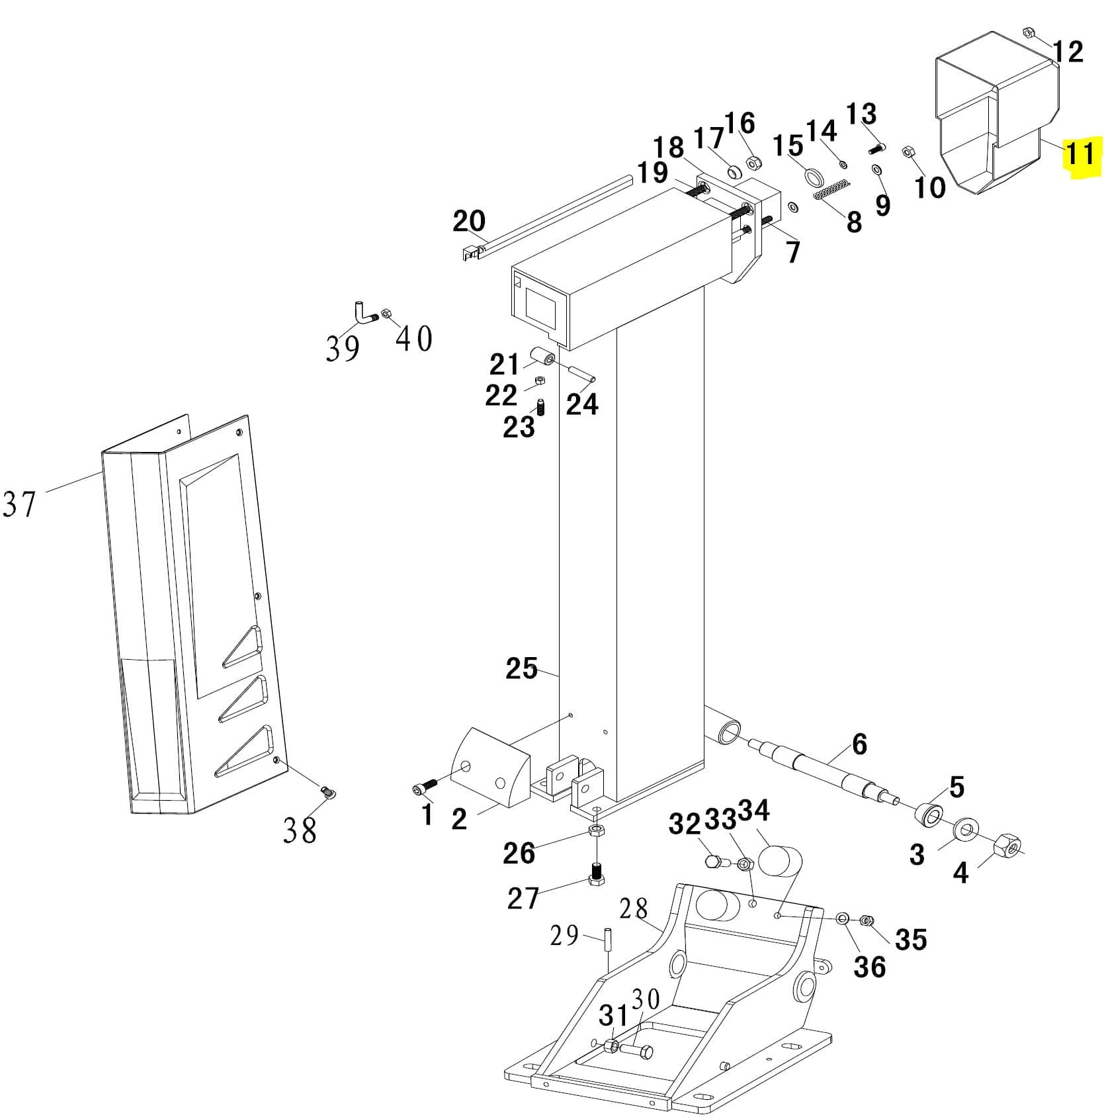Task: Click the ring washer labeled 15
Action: (813, 177)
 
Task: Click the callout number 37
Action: (19, 504)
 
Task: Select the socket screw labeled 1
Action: (423, 787)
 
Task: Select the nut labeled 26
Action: (596, 830)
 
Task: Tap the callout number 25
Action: (521, 668)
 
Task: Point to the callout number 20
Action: (468, 221)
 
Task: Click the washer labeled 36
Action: (843, 918)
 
